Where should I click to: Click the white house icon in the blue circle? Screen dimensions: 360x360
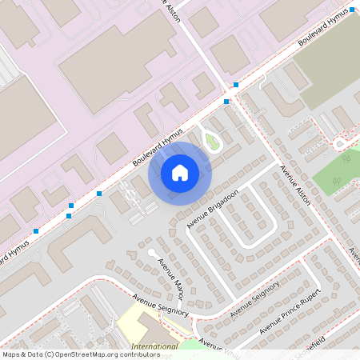pyautogui.click(x=180, y=171)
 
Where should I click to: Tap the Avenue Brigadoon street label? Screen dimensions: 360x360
pyautogui.click(x=213, y=208)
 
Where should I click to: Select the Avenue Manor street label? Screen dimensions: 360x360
pyautogui.click(x=170, y=276)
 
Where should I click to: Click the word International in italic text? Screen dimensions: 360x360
pyautogui.click(x=154, y=346)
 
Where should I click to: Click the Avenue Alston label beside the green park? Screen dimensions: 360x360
pyautogui.click(x=294, y=186)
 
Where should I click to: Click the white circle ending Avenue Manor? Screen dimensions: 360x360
pyautogui.click(x=151, y=253)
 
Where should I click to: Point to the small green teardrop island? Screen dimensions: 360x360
pyautogui.click(x=212, y=142)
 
